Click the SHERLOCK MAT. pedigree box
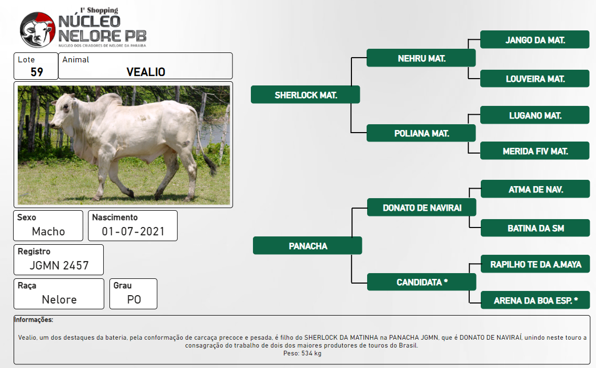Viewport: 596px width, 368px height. click(x=305, y=95)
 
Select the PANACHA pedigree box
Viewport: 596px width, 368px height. click(x=307, y=246)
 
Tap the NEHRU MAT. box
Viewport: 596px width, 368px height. click(x=421, y=58)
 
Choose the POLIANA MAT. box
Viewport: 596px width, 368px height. click(x=421, y=133)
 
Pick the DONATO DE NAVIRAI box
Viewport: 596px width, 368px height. click(x=422, y=208)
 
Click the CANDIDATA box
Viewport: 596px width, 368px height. click(x=422, y=282)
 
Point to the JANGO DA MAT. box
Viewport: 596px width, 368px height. click(x=535, y=39)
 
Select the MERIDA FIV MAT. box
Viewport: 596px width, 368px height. click(x=535, y=151)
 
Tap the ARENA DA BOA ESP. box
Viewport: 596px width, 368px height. click(x=535, y=300)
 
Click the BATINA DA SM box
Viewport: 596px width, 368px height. click(x=535, y=228)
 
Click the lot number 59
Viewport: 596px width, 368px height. click(x=37, y=72)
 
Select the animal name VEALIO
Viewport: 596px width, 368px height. click(x=146, y=72)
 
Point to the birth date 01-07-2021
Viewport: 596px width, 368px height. click(x=133, y=231)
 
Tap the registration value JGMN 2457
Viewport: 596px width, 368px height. click(x=59, y=265)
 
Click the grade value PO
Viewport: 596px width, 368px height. click(x=134, y=299)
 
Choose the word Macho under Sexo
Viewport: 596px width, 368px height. click(x=48, y=231)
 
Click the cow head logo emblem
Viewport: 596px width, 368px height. click(x=38, y=30)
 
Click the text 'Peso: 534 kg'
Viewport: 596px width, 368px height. click(x=302, y=353)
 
